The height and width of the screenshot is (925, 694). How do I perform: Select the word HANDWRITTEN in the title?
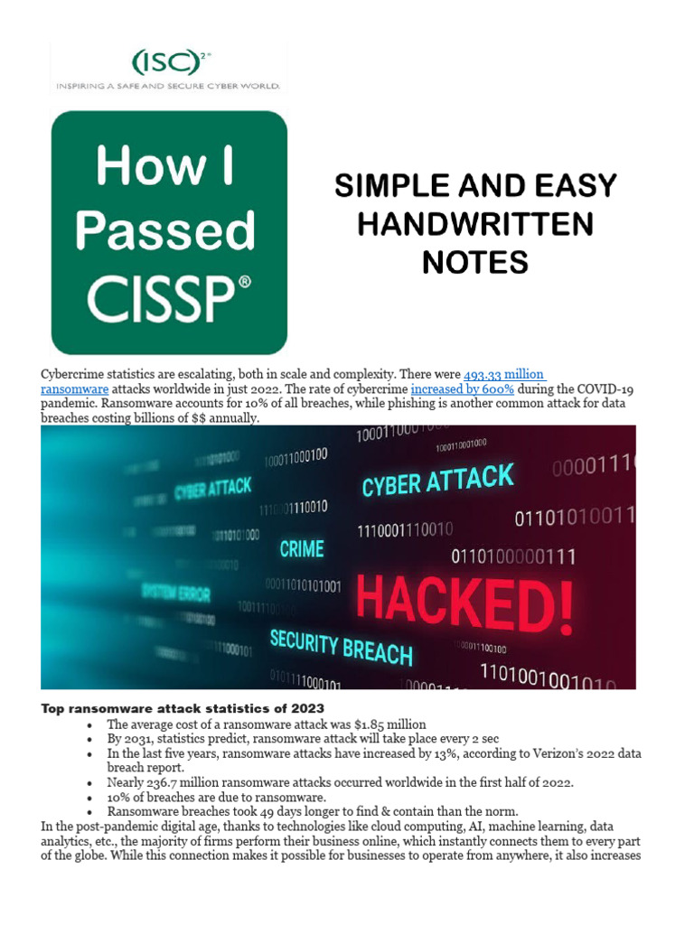475,224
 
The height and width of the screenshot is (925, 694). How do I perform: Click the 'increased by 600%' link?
462,389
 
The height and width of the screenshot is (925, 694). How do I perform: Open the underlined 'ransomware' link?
75,389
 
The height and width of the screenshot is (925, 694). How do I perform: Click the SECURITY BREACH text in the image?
341,648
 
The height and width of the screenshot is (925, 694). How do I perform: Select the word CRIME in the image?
301,548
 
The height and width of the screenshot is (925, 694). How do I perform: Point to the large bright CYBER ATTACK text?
437,481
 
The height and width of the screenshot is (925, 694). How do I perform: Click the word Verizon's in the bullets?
535,753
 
